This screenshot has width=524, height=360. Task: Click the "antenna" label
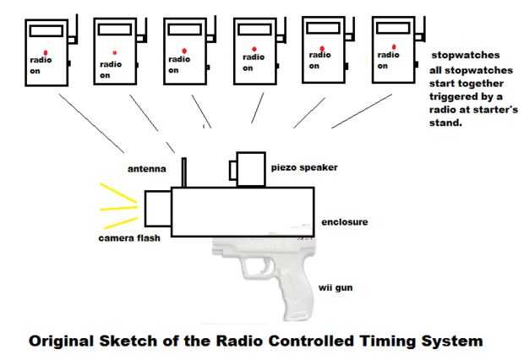click(147, 169)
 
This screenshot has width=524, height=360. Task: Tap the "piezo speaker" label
click(304, 167)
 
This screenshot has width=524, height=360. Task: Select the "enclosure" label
click(345, 222)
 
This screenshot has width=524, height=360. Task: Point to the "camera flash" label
click(129, 238)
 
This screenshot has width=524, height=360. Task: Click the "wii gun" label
click(336, 288)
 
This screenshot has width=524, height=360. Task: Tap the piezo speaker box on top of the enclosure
click(251, 169)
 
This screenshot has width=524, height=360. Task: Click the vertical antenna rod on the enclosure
click(183, 172)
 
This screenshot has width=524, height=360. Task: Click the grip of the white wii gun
click(296, 294)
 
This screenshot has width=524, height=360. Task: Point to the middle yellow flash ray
click(118, 209)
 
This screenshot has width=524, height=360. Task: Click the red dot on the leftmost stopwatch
click(46, 52)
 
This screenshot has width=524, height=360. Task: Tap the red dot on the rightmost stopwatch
click(394, 47)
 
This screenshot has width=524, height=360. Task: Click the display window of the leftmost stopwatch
click(46, 31)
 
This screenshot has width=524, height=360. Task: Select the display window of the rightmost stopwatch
click(393, 29)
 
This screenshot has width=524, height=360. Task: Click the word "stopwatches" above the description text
click(466, 55)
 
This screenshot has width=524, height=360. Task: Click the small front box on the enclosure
click(158, 209)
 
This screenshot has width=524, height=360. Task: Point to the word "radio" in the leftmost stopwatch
click(41, 60)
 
